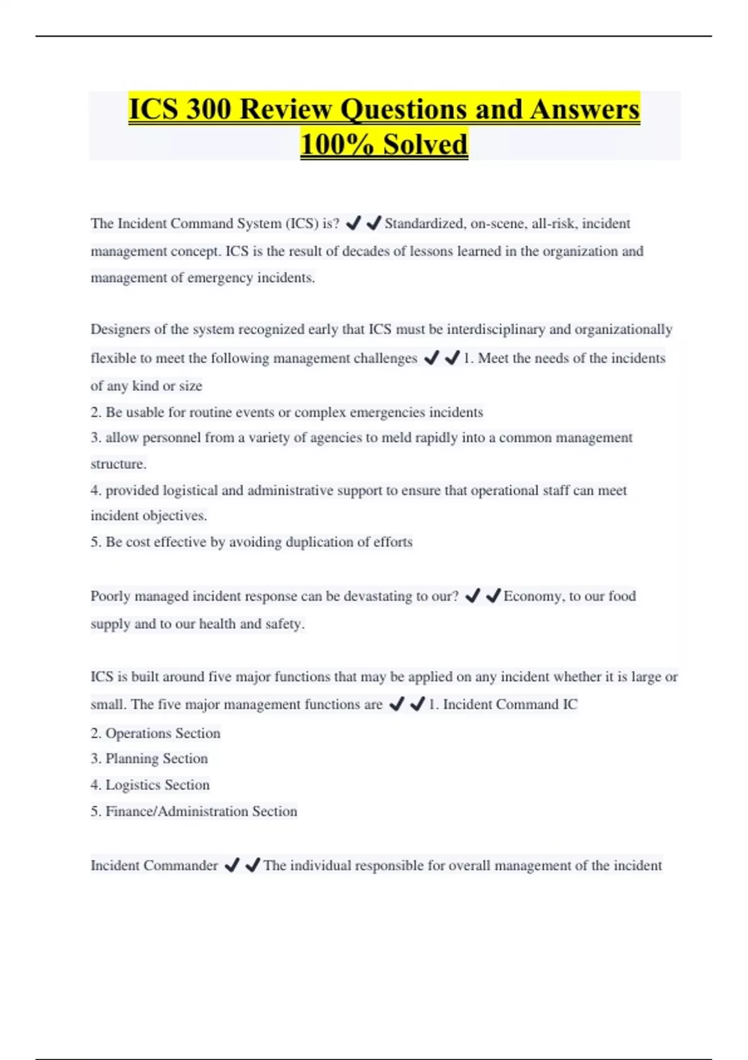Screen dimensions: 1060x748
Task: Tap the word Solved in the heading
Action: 425,145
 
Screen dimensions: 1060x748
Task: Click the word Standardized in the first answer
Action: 424,223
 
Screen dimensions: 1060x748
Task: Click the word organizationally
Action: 623,329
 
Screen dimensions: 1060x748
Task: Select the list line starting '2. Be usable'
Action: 287,412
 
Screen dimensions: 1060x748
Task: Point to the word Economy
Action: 532,596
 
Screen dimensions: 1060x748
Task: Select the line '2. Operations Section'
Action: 156,733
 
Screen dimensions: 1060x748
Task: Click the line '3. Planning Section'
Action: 150,759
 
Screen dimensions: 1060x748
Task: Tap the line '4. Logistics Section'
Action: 150,785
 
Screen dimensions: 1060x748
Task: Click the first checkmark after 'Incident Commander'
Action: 231,865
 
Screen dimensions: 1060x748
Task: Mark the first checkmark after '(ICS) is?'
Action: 353,223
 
